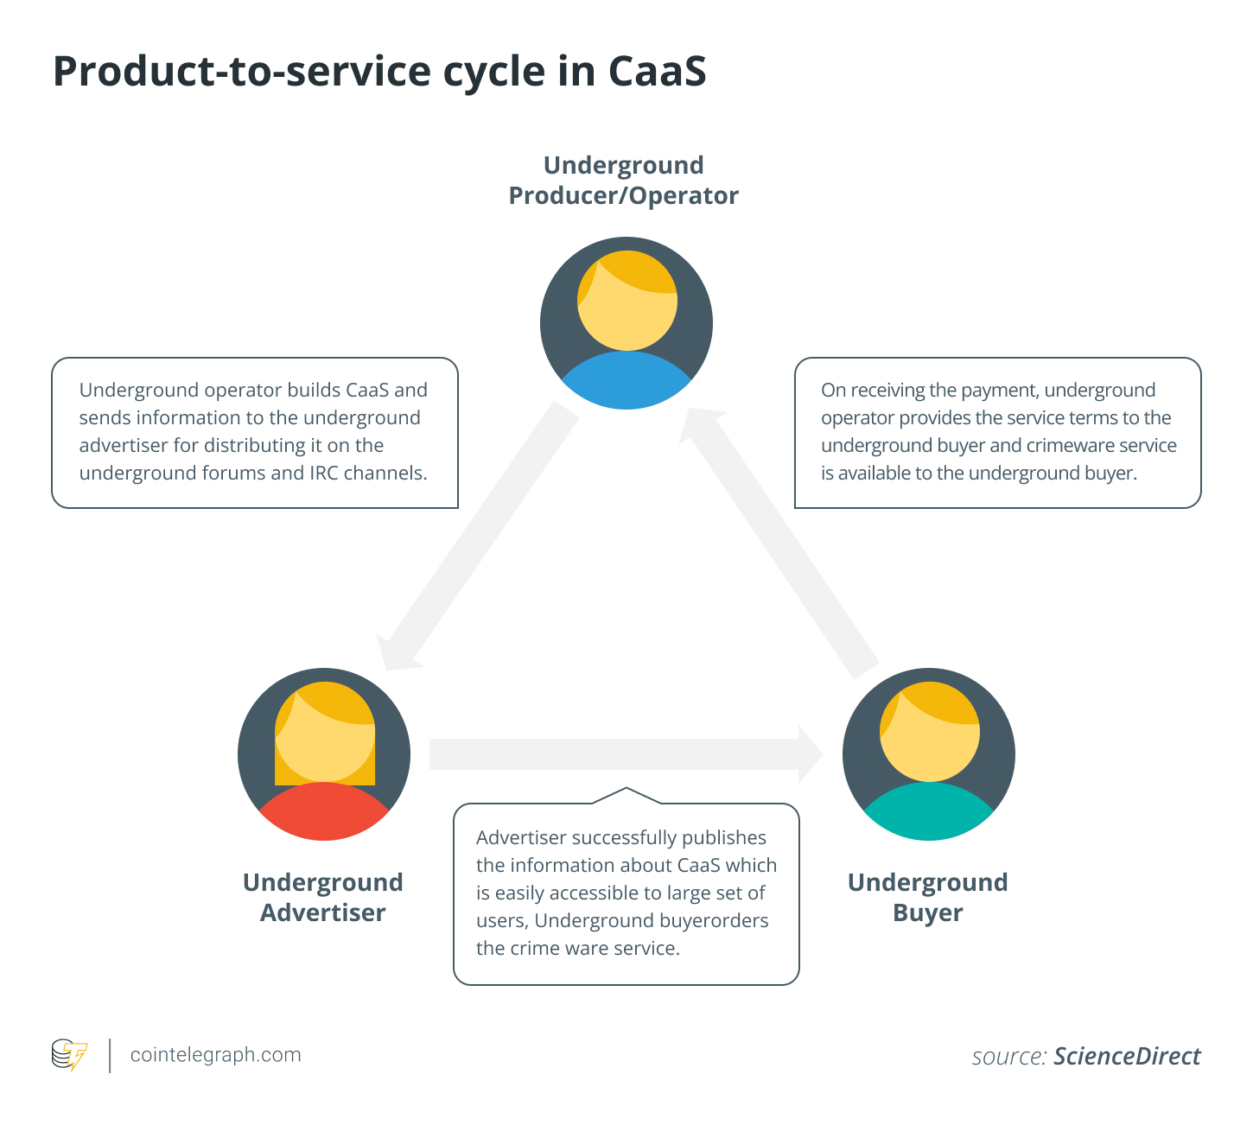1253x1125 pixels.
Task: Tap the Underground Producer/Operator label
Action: pyautogui.click(x=623, y=181)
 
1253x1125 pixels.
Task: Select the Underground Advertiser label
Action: pyautogui.click(x=322, y=898)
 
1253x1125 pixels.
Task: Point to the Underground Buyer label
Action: pyautogui.click(x=927, y=898)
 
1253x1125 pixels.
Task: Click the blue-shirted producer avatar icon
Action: pyautogui.click(x=626, y=323)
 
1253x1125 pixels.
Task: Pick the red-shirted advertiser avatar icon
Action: pyautogui.click(x=323, y=753)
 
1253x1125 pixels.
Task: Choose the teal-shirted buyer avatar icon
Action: pyautogui.click(x=928, y=753)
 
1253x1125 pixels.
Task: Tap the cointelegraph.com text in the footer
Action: pyautogui.click(x=215, y=1055)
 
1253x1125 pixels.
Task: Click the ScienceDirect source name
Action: pyautogui.click(x=1127, y=1057)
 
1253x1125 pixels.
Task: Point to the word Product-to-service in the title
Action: pyautogui.click(x=242, y=71)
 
